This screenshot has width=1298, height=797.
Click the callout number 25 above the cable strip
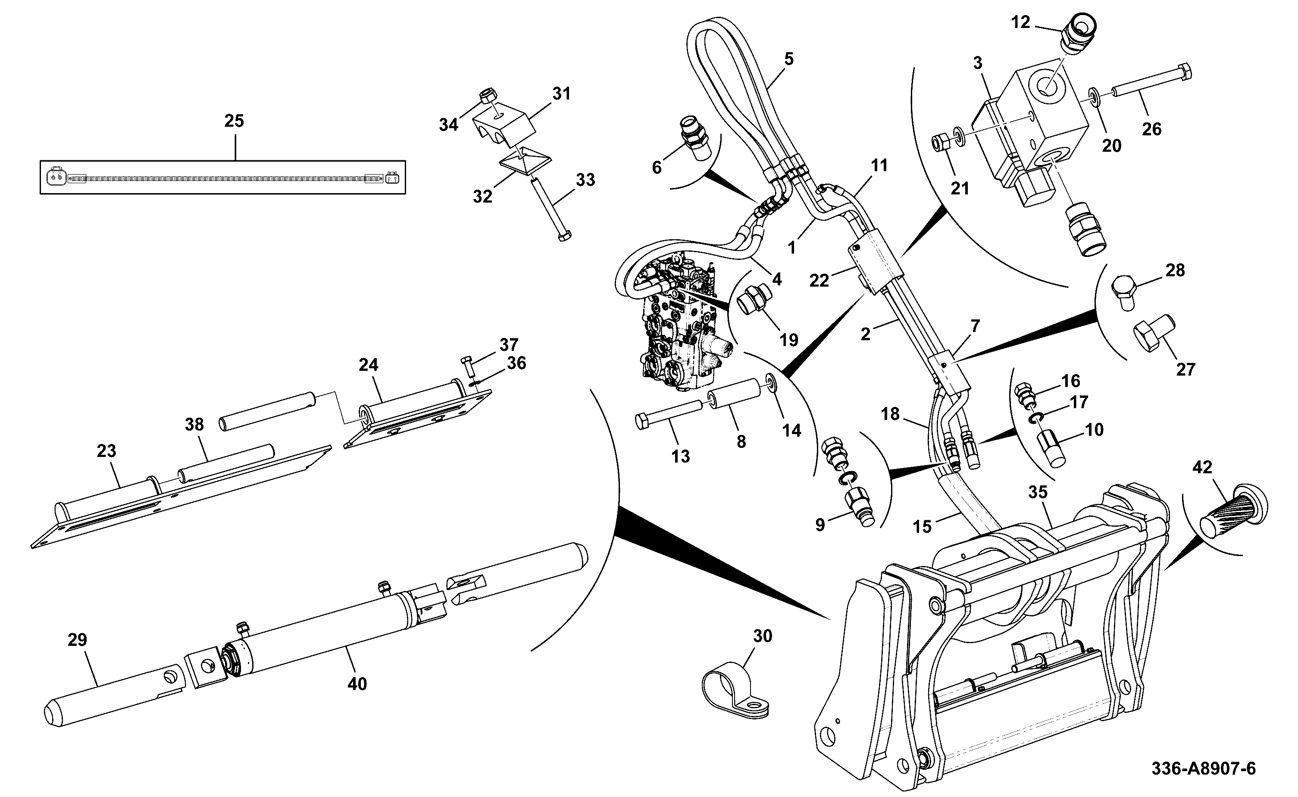coord(234,121)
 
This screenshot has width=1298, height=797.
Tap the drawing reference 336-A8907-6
coord(1203,769)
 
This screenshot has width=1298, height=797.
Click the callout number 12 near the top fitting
coord(1021,23)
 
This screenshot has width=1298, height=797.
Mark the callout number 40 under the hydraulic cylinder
coord(357,684)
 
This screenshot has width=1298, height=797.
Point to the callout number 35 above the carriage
coord(1038,492)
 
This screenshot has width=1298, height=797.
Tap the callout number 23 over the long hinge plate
coord(106,451)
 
